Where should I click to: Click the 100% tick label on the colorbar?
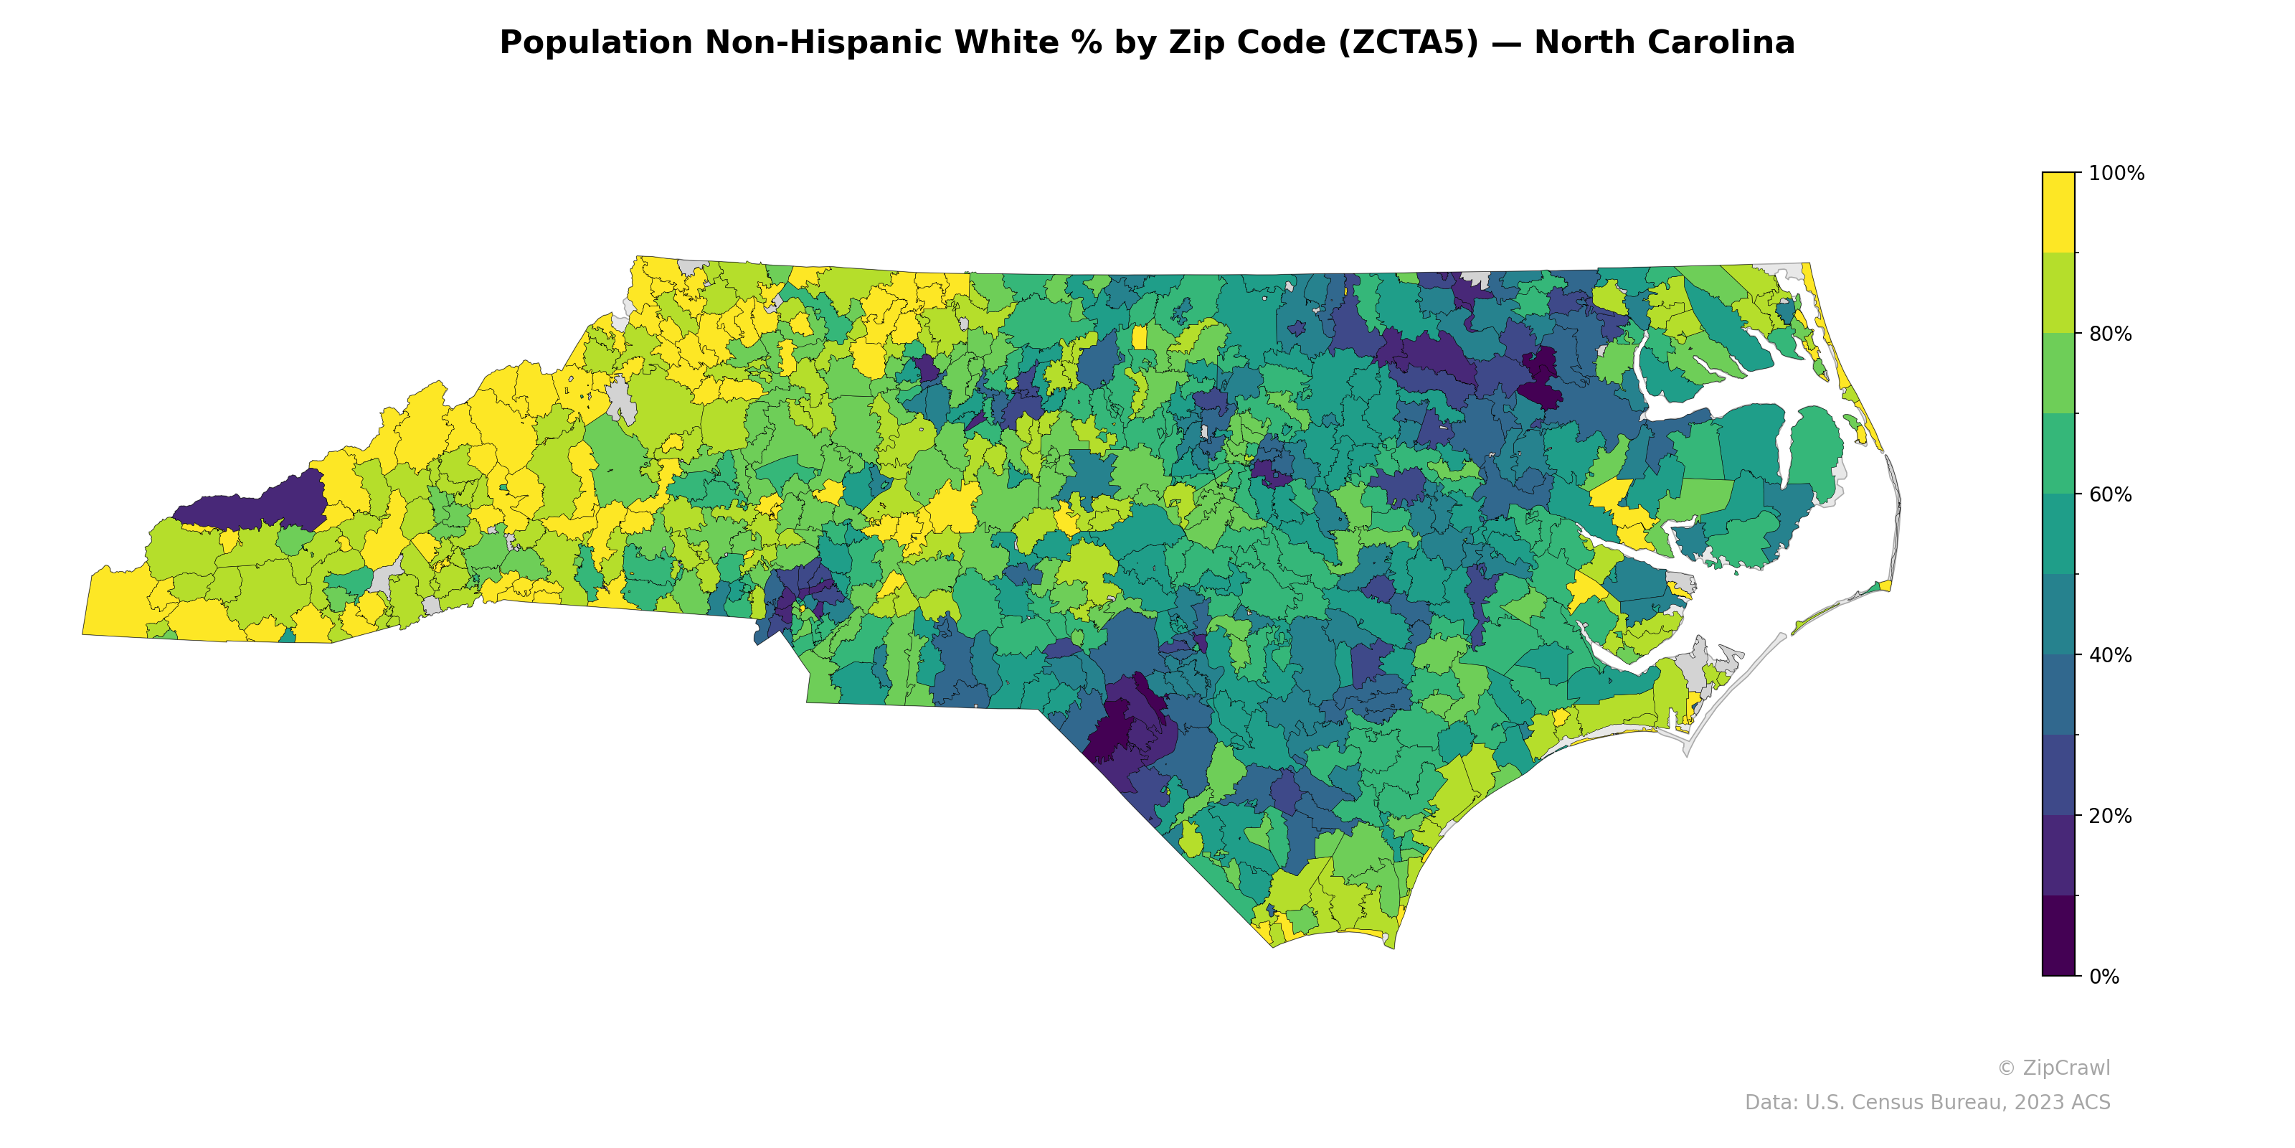click(2116, 174)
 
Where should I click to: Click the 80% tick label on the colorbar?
click(2110, 334)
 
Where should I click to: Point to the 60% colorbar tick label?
click(2110, 494)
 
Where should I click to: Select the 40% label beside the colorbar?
click(2110, 655)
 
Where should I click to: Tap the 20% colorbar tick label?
click(2110, 816)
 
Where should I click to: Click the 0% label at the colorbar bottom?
click(2104, 977)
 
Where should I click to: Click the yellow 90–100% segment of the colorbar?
click(2058, 212)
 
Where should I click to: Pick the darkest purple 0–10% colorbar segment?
click(2058, 936)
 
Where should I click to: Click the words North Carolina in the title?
click(1663, 43)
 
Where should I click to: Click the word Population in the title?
click(595, 43)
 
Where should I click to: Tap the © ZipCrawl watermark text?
click(2053, 1068)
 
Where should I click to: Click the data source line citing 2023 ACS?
click(1926, 1103)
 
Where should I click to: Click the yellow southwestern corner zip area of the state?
click(115, 606)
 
